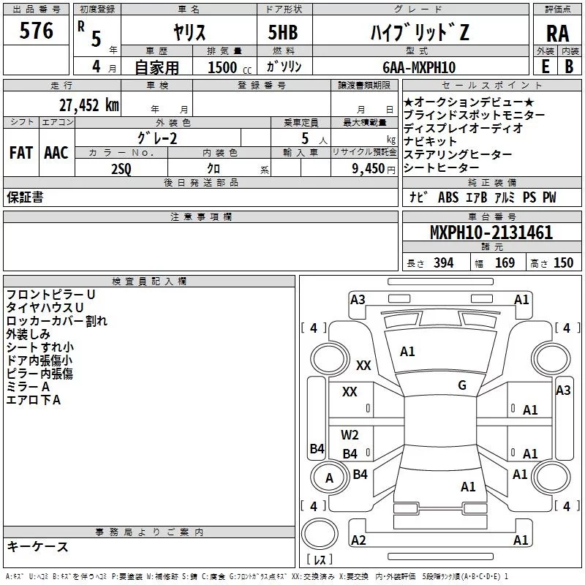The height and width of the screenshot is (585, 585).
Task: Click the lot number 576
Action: pos(37,31)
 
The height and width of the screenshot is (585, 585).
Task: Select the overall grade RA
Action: pos(557,34)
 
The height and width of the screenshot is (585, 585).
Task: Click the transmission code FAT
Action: pos(20,152)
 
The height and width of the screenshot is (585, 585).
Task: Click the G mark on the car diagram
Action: pos(462,385)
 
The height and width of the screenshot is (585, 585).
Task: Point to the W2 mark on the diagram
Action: pos(350,435)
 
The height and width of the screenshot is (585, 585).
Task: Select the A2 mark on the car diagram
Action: pos(358,540)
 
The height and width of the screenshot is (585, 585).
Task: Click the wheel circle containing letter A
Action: pos(330,478)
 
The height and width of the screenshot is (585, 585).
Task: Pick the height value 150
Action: pos(563,263)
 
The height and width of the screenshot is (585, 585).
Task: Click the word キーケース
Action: pos(37,546)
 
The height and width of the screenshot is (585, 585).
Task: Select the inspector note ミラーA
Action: pos(28,387)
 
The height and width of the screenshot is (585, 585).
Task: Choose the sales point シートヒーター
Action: pos(444,168)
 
